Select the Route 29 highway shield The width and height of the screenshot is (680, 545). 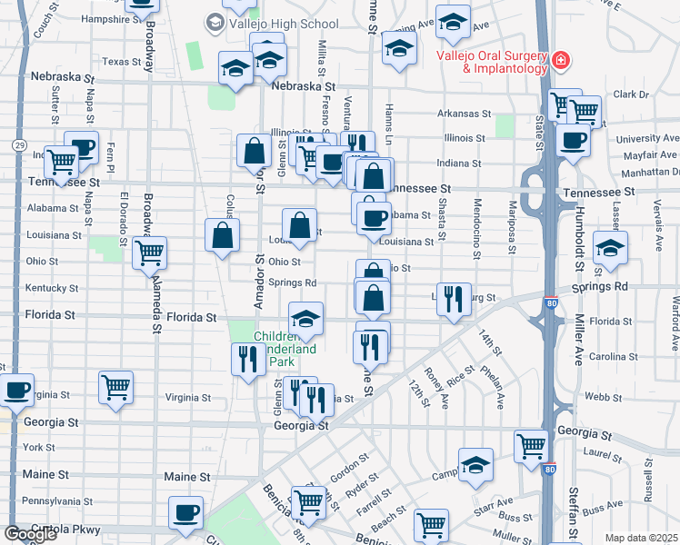(19, 144)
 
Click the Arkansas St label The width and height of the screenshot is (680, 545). (463, 114)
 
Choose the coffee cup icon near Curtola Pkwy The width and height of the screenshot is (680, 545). (186, 511)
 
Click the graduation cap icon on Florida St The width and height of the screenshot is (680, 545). (306, 318)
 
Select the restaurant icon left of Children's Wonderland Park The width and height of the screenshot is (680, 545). (247, 358)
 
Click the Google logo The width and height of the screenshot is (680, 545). (30, 534)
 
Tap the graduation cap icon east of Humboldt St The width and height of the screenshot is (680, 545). (610, 247)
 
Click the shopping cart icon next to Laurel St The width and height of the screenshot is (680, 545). (532, 445)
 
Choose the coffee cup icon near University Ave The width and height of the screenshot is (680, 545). (574, 140)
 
